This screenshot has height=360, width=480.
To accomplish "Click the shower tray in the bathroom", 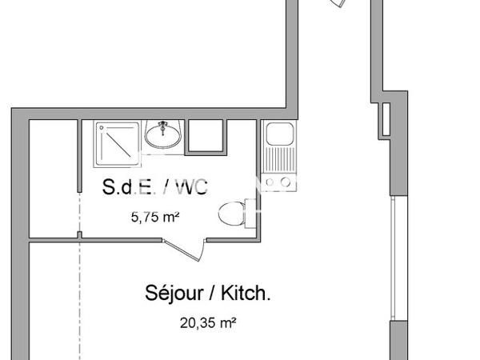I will pyautogui.click(x=118, y=143).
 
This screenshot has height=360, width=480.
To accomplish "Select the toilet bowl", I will pyautogui.click(x=231, y=214).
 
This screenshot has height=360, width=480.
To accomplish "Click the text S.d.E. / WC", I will pyautogui.click(x=154, y=187).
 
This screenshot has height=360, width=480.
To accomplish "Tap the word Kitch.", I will pyautogui.click(x=245, y=293).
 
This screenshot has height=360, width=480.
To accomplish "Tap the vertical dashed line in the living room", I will pyautogui.click(x=80, y=304).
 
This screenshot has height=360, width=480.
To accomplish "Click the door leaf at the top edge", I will pyautogui.click(x=338, y=4).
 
